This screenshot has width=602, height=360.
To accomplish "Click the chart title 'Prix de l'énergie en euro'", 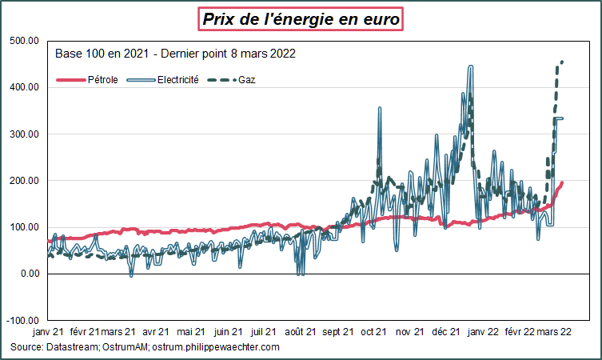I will point(301,18).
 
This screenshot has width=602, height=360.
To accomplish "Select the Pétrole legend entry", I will point(102,80).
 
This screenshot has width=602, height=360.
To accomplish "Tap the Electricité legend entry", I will point(178,80).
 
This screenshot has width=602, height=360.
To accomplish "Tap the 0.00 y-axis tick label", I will point(30,274).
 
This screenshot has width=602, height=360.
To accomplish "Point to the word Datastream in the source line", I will point(74,346).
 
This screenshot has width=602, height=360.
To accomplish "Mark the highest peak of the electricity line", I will point(470,66).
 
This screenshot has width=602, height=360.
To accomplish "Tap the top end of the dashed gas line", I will point(563,62).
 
